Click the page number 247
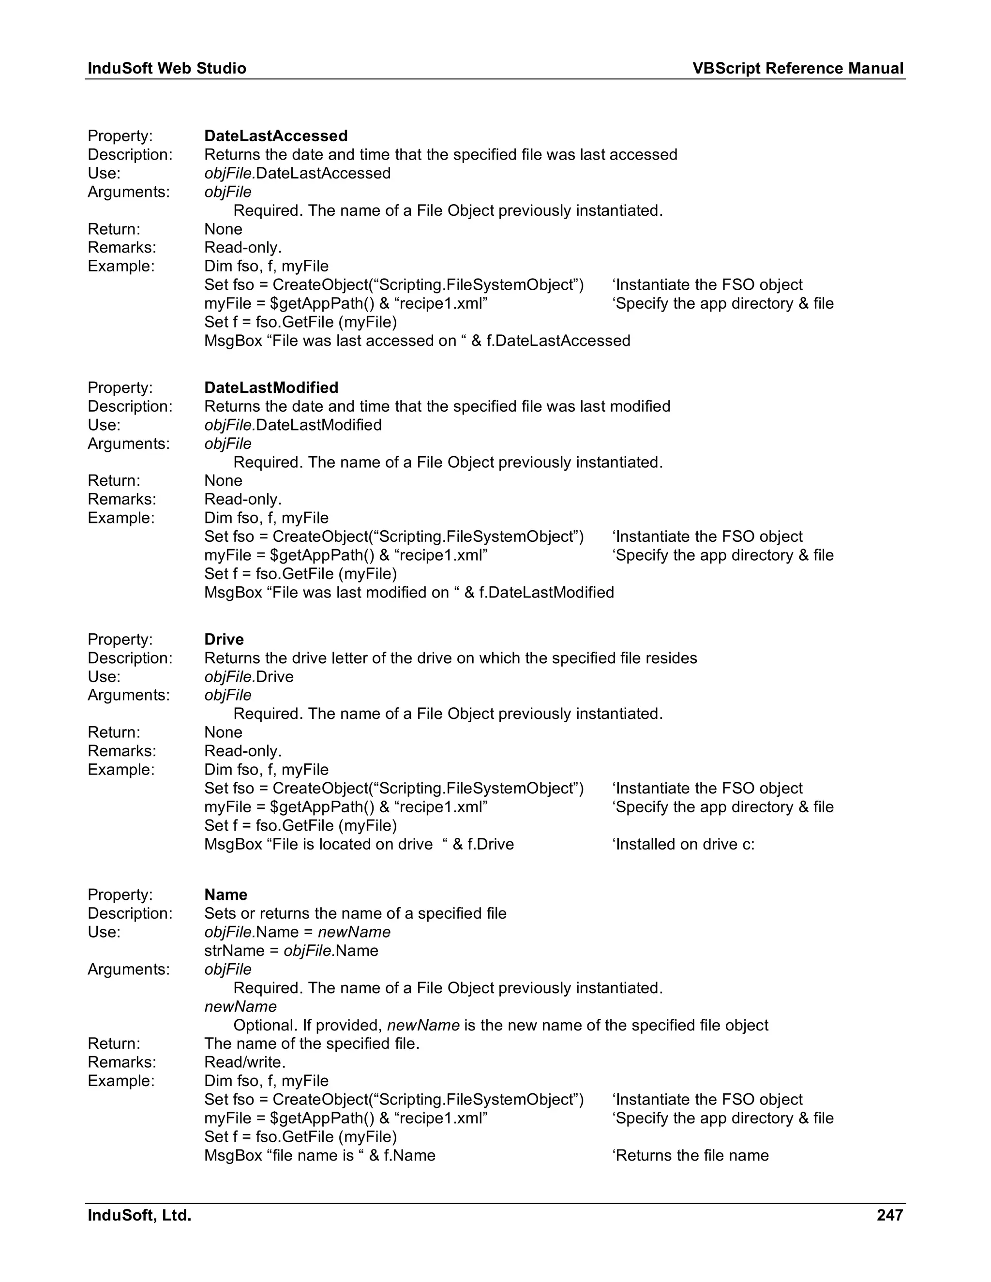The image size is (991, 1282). [889, 1215]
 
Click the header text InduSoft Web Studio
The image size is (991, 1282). [167, 69]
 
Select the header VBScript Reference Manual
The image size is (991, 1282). [797, 69]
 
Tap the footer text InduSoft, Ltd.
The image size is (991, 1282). [140, 1215]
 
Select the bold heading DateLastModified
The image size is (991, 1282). [271, 388]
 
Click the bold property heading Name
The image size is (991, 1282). [225, 894]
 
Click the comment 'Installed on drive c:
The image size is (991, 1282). [683, 844]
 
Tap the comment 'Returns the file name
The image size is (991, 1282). [691, 1155]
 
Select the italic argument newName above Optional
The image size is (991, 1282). [240, 1007]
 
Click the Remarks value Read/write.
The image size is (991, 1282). [245, 1062]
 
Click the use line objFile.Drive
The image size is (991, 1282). [249, 676]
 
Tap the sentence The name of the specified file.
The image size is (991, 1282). [312, 1043]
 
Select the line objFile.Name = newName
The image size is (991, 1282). [297, 932]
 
